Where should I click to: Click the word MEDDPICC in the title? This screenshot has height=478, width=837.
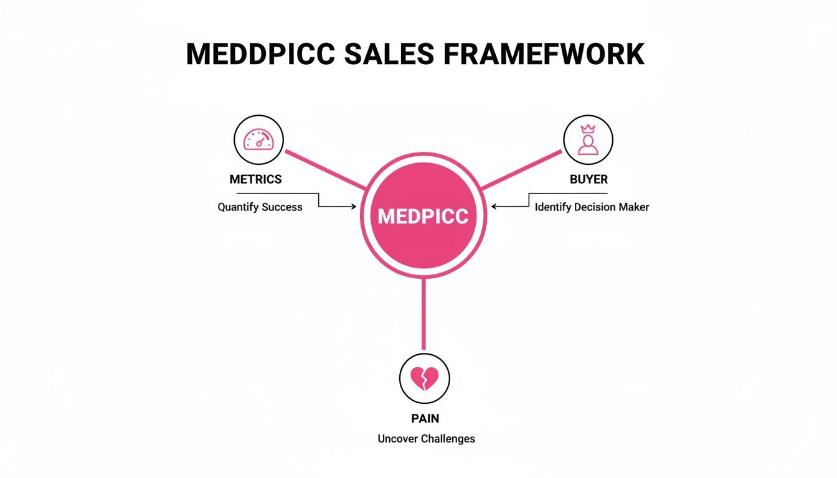click(260, 54)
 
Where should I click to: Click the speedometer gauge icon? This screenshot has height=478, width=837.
click(258, 139)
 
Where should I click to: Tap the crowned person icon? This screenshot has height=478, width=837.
click(588, 140)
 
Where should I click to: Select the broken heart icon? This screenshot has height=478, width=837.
click(424, 378)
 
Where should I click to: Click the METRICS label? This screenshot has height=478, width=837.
click(255, 179)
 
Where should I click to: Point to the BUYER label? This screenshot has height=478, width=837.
click(589, 179)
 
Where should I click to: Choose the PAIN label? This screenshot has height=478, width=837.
click(425, 419)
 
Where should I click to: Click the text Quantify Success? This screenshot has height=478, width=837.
click(260, 207)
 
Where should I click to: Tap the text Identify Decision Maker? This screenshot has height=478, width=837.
click(592, 207)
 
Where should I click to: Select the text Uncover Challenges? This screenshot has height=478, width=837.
click(426, 439)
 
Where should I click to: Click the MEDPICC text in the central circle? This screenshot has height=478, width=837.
click(423, 215)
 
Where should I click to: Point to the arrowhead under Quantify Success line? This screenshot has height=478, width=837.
click(354, 207)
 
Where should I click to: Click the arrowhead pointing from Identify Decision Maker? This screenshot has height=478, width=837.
click(494, 207)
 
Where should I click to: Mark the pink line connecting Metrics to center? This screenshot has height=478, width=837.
click(324, 169)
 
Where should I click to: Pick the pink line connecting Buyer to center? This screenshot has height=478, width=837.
click(522, 169)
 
